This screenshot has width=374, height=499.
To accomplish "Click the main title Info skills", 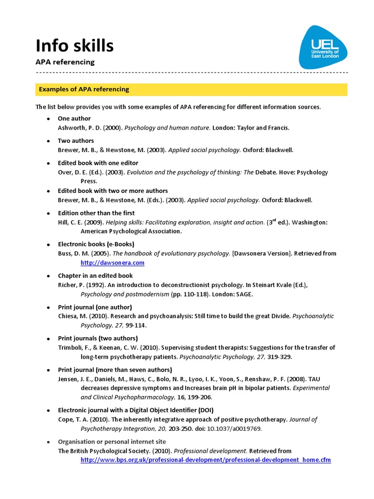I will (75, 46).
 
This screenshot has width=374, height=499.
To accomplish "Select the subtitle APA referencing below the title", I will (65, 62).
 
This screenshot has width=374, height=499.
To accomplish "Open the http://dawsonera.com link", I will (112, 263).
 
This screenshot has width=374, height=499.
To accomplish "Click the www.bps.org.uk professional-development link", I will (206, 460).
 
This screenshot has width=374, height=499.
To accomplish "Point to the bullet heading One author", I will (74, 118).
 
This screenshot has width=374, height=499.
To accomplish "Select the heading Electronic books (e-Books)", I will (96, 244).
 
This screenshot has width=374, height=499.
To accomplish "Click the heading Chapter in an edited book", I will (95, 276).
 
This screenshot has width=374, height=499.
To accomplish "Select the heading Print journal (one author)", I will (95, 307).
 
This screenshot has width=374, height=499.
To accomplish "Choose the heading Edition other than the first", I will (96, 213).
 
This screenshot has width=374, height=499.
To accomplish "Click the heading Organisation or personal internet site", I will (105, 441).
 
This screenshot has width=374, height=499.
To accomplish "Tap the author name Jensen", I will (68, 379).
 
